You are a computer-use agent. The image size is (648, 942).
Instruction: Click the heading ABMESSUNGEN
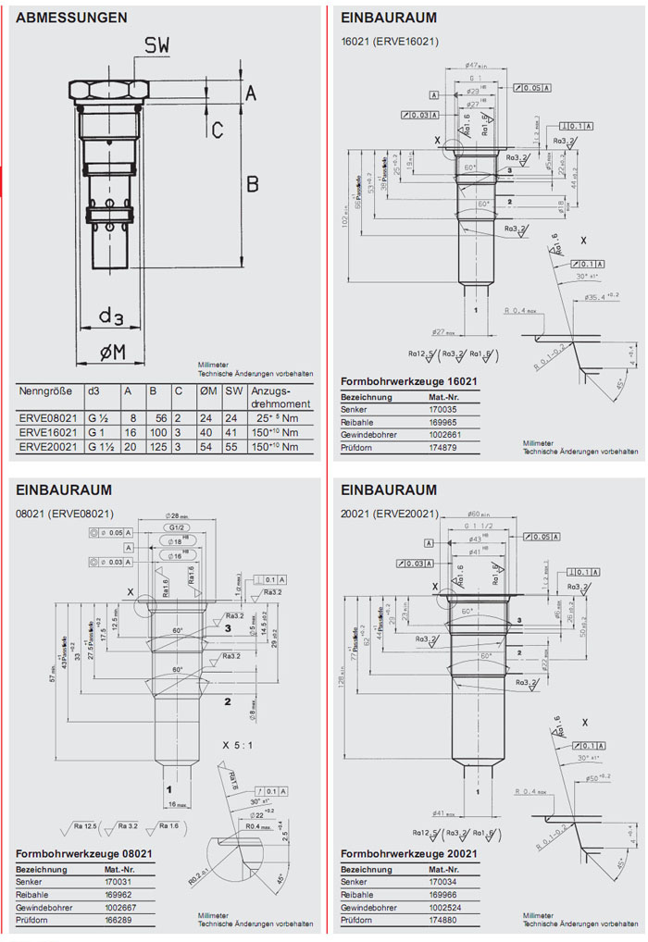coord(72,17)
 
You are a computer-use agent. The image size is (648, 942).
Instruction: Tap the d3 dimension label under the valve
coord(112,317)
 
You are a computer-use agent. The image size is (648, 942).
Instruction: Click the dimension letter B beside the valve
coord(252,184)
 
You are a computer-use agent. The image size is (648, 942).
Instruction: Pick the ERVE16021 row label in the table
coord(48,432)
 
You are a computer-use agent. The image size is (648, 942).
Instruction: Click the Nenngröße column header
coord(46,391)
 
